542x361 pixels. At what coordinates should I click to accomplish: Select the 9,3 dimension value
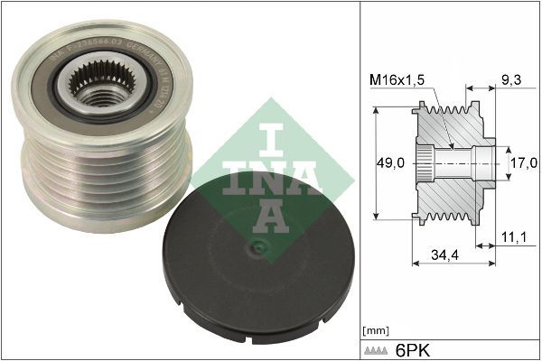point(510,79)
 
